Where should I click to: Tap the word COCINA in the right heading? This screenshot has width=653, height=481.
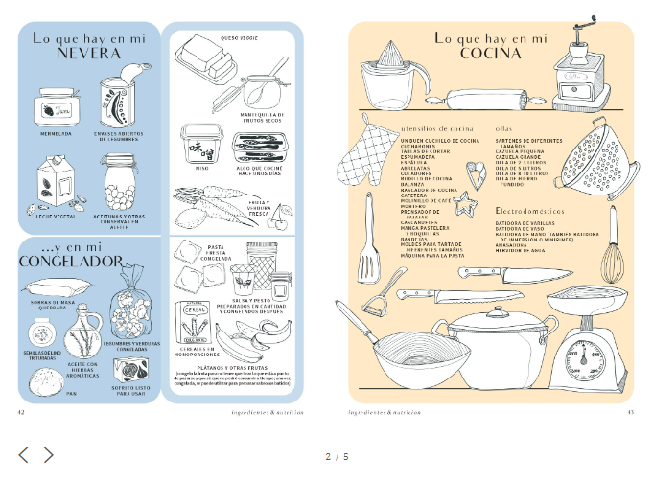tap(490, 54)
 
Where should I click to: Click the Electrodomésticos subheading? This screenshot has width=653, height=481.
tap(529, 210)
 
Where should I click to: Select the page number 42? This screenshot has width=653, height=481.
tap(21, 412)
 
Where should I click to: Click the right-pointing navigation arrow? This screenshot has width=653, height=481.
tap(49, 455)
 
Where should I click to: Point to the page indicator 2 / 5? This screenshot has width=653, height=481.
tap(337, 456)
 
